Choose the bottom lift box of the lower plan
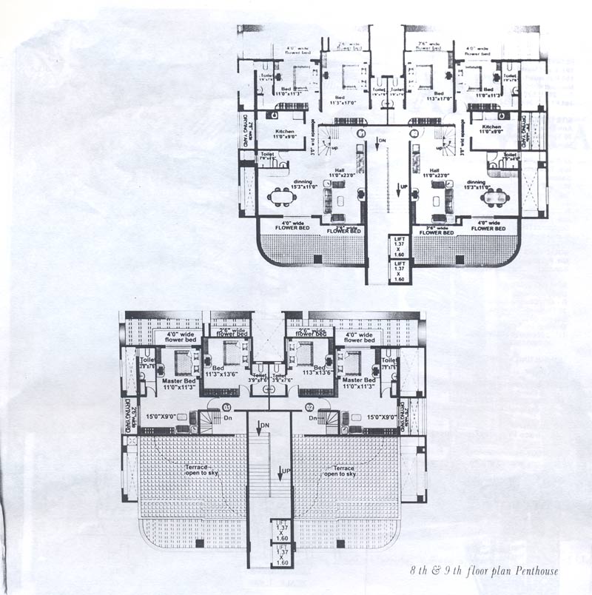point(282,557)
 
